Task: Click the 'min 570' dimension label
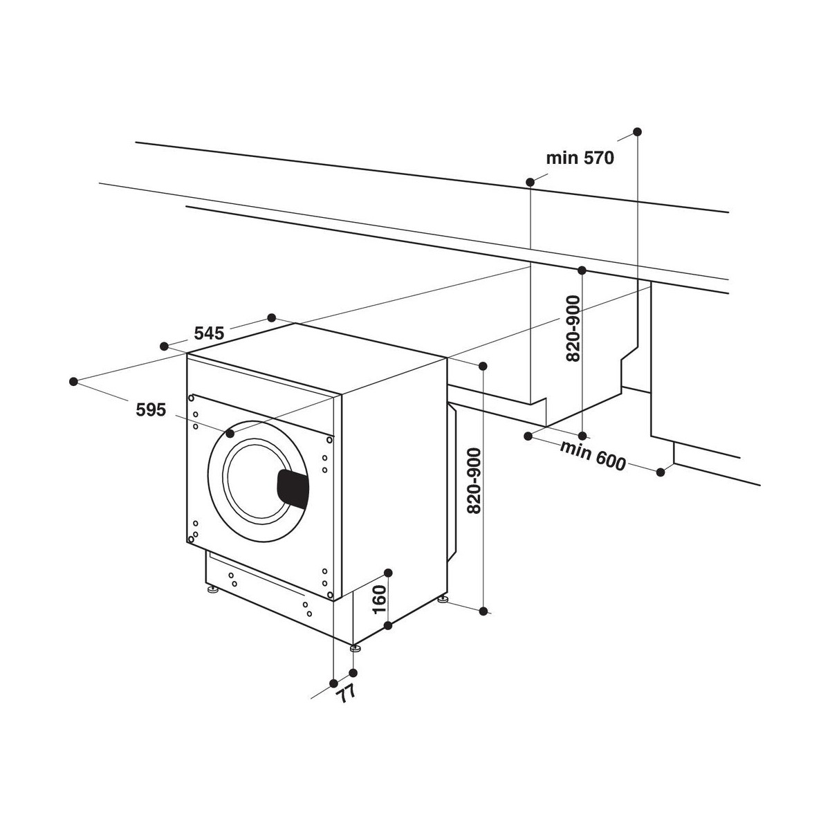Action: [x=580, y=158]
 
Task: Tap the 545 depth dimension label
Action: [x=210, y=333]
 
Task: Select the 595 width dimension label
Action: [x=151, y=409]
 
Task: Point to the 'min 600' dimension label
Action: [x=592, y=456]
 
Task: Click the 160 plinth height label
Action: [x=380, y=600]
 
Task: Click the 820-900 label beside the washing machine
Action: [x=474, y=481]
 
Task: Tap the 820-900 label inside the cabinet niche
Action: [x=573, y=329]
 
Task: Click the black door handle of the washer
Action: [x=293, y=488]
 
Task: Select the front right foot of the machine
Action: [x=356, y=659]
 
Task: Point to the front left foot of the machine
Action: [x=212, y=589]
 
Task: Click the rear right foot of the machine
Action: [x=442, y=600]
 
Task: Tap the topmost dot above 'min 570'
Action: [x=638, y=131]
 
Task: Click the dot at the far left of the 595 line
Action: [x=73, y=381]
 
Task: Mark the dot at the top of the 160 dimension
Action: [x=388, y=573]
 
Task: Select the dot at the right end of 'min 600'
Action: [x=661, y=472]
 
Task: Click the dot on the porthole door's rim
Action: [x=230, y=433]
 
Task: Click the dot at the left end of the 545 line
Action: [x=164, y=347]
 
